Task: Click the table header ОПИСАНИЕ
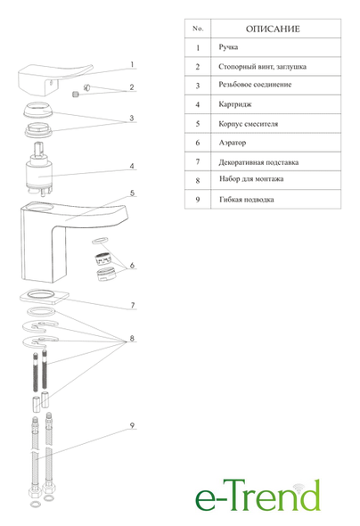(x=273, y=29)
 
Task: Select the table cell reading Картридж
(x=235, y=104)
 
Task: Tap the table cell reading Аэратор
(x=233, y=143)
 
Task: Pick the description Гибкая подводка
(x=246, y=200)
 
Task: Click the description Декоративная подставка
(x=258, y=162)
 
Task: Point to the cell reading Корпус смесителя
(x=248, y=124)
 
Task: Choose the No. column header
(x=198, y=29)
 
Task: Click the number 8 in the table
(x=198, y=180)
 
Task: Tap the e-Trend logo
(x=258, y=496)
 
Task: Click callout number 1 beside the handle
(x=132, y=64)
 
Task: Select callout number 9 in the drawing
(x=132, y=425)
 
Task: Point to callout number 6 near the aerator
(x=132, y=266)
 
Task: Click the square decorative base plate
(x=45, y=296)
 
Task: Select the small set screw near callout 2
(x=76, y=95)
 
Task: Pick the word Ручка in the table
(x=228, y=47)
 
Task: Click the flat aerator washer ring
(x=100, y=240)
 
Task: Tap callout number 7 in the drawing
(x=133, y=305)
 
